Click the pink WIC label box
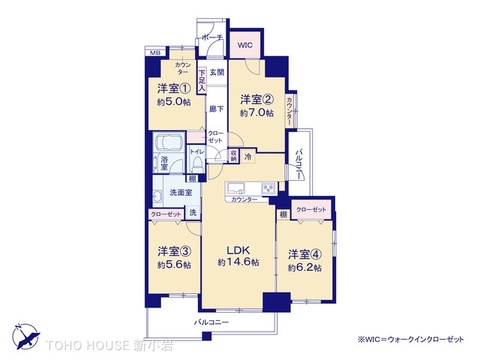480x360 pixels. pyautogui.click(x=244, y=45)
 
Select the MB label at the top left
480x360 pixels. pyautogui.click(x=155, y=51)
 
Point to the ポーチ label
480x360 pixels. pyautogui.click(x=212, y=37)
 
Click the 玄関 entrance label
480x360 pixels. pyautogui.click(x=216, y=71)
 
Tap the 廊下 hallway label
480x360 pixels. pyautogui.click(x=215, y=108)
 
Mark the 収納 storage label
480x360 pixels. pyautogui.click(x=231, y=154)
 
